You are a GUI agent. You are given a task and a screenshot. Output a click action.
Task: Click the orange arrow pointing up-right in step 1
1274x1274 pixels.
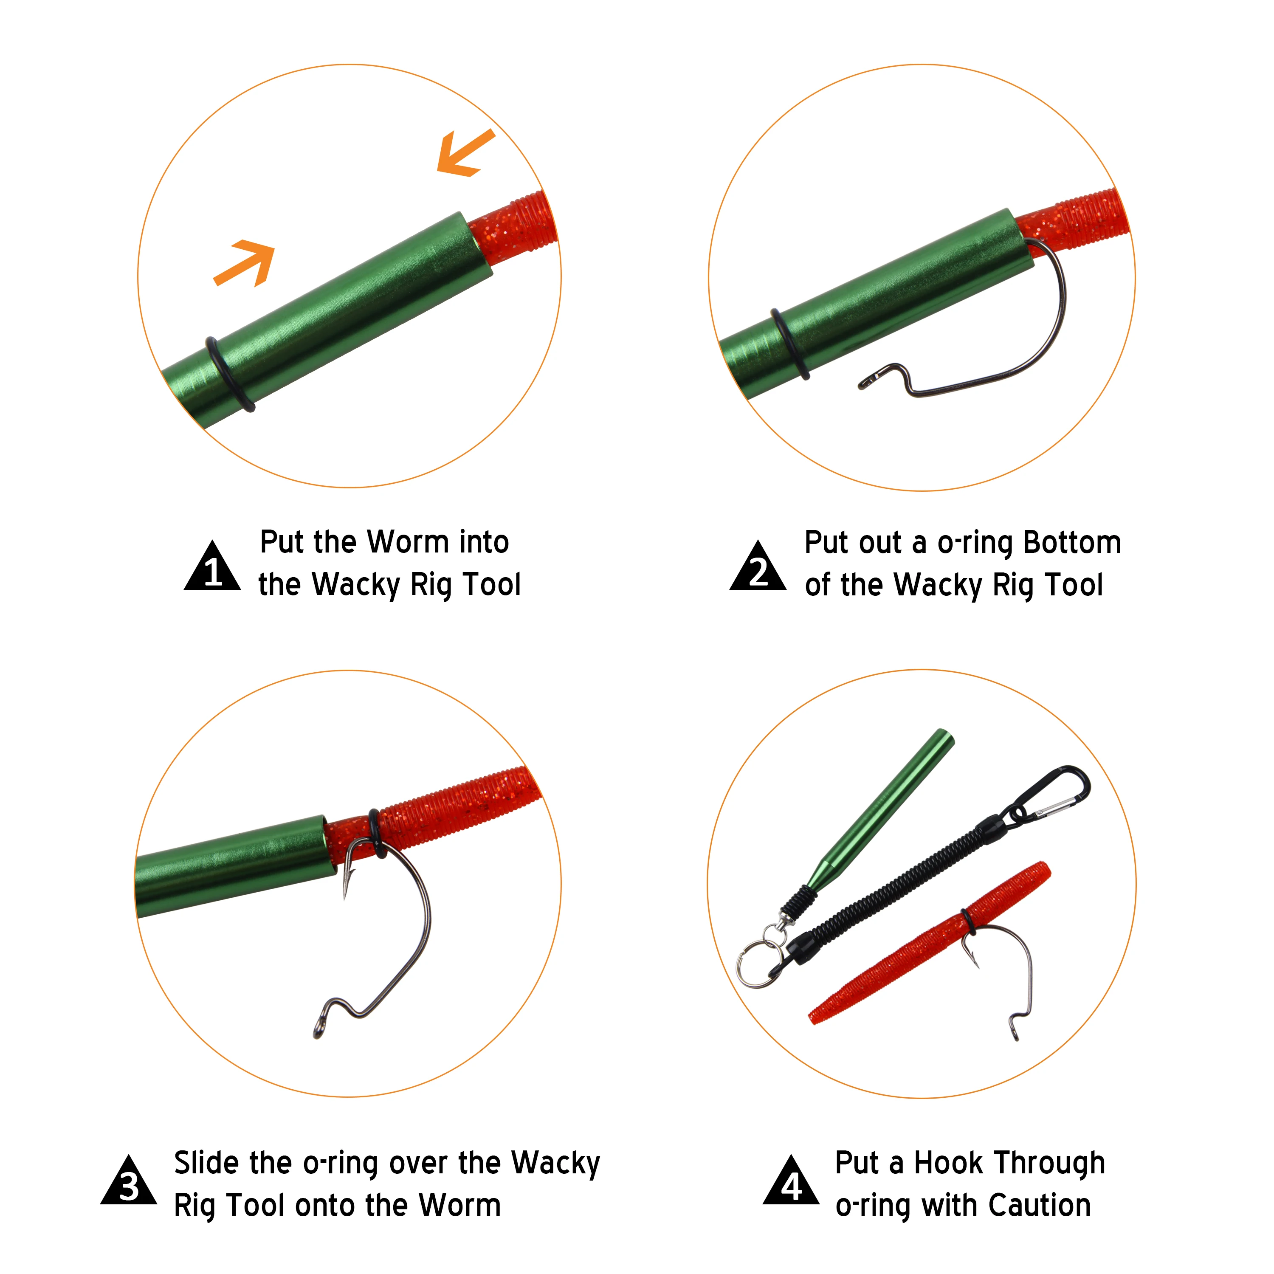(247, 262)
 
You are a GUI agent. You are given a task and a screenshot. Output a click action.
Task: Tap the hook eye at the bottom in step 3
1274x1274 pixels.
(319, 1026)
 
